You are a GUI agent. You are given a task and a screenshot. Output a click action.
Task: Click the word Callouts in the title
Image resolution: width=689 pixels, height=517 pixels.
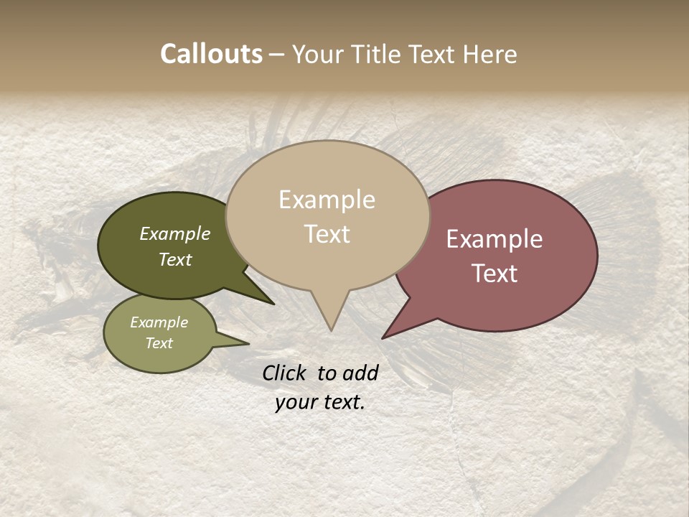(x=211, y=54)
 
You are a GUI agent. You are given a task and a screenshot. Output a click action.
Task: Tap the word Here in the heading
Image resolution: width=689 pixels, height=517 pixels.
(x=489, y=54)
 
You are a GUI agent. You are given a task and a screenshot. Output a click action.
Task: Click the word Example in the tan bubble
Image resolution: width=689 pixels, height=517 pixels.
(x=327, y=200)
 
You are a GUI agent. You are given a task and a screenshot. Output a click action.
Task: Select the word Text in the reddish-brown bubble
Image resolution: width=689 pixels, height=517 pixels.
(x=495, y=274)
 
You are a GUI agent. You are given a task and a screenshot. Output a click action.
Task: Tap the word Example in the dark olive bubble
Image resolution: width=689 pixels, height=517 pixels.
(x=175, y=234)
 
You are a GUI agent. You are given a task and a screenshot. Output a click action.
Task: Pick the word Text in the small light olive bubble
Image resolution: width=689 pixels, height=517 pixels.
(x=159, y=343)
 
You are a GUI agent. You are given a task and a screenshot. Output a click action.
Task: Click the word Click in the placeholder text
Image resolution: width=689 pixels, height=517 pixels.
(x=286, y=373)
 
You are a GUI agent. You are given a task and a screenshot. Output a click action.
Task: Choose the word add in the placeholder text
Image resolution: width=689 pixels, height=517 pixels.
(x=360, y=373)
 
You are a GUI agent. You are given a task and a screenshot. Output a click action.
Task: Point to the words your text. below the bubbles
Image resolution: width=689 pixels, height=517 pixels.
(x=320, y=402)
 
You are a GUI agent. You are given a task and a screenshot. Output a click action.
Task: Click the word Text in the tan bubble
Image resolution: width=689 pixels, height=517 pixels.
(x=327, y=234)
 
